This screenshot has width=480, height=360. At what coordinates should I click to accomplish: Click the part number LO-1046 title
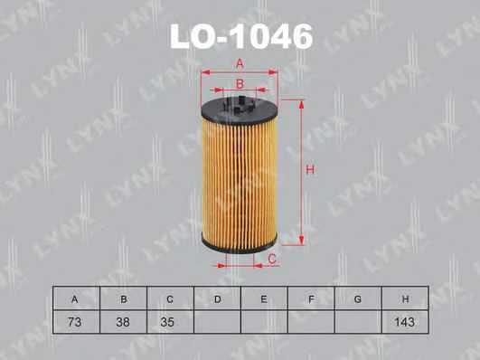coord(241,37)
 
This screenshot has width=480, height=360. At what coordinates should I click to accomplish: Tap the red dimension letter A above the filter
coord(240,63)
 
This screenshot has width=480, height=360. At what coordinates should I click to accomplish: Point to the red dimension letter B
coord(240,83)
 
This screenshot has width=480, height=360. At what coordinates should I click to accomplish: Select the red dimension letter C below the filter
coord(272,260)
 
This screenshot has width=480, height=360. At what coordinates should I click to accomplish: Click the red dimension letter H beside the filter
coord(310,170)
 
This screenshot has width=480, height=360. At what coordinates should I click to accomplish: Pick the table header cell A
coord(76,298)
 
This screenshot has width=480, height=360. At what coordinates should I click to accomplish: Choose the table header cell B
coord(123,298)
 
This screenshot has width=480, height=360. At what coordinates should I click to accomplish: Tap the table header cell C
coord(171,298)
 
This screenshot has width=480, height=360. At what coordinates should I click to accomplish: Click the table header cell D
coord(217,298)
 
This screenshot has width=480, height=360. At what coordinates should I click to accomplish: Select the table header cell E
coord(264,298)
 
